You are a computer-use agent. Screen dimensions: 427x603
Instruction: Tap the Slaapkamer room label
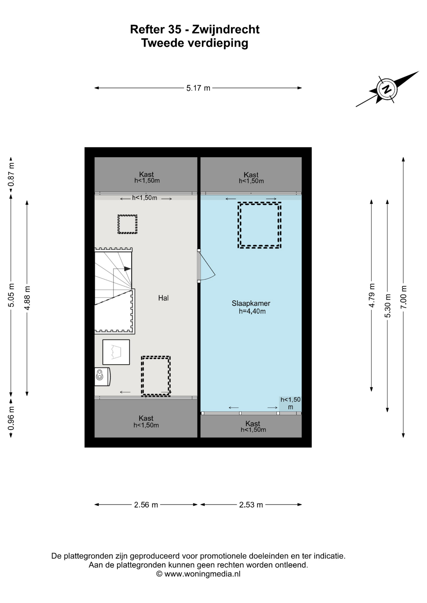251,303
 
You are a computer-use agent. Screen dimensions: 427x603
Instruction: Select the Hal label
164,298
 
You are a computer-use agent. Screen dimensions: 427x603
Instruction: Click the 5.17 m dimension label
198,88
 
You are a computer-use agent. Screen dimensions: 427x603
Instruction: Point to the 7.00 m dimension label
403,297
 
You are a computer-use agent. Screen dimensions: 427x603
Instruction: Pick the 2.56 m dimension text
146,505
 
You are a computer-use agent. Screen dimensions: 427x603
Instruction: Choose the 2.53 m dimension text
251,505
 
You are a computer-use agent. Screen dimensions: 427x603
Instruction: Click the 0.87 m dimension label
11,174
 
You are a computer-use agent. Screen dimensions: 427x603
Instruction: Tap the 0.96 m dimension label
11,418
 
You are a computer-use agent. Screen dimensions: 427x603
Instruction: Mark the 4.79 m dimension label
372,295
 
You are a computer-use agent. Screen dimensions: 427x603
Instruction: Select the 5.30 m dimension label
387,306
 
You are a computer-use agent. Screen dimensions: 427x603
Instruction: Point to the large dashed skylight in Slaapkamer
259,225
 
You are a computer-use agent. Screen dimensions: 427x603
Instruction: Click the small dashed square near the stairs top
127,224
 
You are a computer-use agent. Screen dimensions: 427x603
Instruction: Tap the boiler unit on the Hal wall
102,376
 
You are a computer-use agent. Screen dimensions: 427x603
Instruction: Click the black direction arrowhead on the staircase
127,269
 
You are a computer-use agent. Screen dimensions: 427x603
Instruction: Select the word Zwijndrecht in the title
225,29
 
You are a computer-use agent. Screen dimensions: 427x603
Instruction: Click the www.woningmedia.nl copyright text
198,574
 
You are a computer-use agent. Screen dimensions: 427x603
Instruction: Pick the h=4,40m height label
252,311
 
